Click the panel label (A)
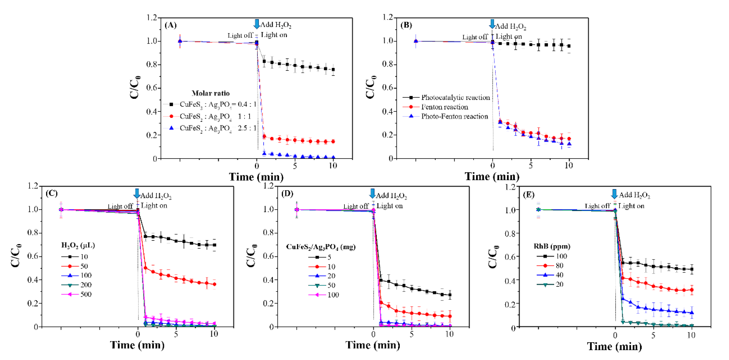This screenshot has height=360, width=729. (170, 25)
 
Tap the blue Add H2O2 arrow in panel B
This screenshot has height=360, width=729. (492, 24)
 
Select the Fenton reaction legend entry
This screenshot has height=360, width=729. (444, 107)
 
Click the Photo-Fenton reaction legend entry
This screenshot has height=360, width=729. (454, 116)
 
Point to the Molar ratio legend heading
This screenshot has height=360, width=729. (211, 93)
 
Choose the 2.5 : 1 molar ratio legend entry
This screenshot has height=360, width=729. (218, 128)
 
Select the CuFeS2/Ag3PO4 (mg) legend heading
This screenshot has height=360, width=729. (321, 247)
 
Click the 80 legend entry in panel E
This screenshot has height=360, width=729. (559, 266)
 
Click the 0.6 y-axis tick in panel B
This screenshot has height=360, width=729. (387, 88)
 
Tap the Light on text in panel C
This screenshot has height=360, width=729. (154, 206)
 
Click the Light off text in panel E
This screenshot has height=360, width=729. (597, 206)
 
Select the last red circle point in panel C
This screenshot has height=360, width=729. (214, 284)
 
